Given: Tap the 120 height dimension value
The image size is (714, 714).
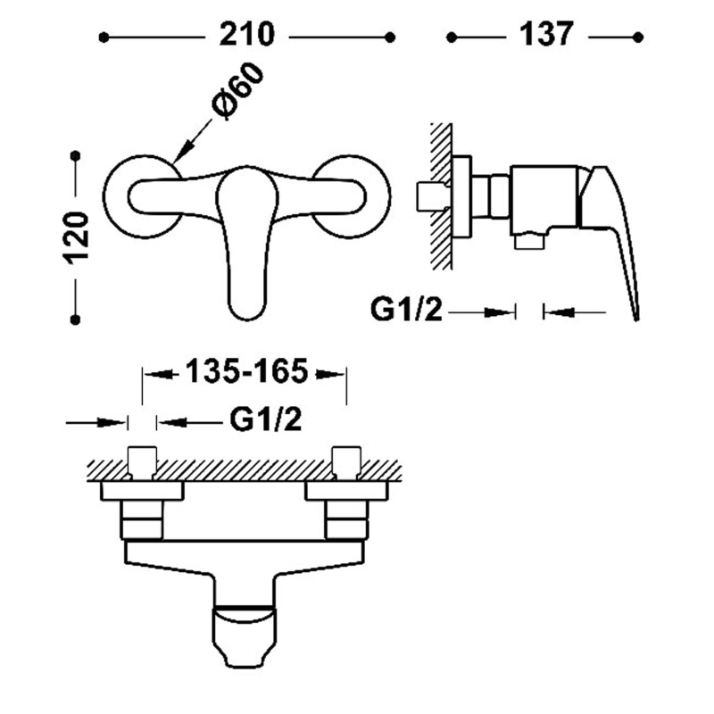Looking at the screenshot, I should tap(78, 237).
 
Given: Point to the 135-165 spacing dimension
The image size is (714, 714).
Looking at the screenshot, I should tap(245, 371).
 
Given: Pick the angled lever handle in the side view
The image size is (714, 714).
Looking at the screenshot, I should tap(616, 232).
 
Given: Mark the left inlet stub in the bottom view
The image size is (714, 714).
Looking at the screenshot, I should tap(143, 460).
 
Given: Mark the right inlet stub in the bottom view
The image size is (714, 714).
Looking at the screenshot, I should tap(345, 460).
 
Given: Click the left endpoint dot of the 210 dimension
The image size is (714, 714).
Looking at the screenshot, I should tap(104, 37).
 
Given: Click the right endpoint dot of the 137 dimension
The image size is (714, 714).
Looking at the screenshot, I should tap(639, 37).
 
